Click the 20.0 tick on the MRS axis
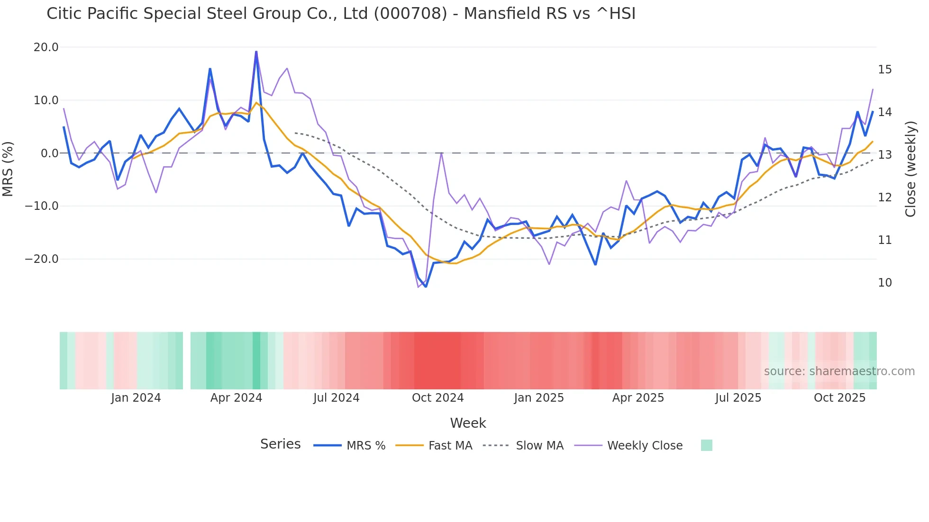pyautogui.click(x=46, y=47)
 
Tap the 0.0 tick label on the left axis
pyautogui.click(x=49, y=153)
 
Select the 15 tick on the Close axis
pyautogui.click(x=884, y=70)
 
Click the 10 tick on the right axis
pyautogui.click(x=884, y=283)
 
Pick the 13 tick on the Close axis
pyautogui.click(x=884, y=155)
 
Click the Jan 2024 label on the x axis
pyautogui.click(x=136, y=398)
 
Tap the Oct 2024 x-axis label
pyautogui.click(x=437, y=398)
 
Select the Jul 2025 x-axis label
pyautogui.click(x=738, y=398)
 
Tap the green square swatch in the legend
pyautogui.click(x=706, y=445)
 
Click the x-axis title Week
pyautogui.click(x=468, y=423)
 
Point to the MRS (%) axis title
pyautogui.click(x=8, y=169)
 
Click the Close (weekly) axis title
pyautogui.click(x=911, y=169)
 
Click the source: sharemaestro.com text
pyautogui.click(x=839, y=371)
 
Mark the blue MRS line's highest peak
pyautogui.click(x=256, y=52)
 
